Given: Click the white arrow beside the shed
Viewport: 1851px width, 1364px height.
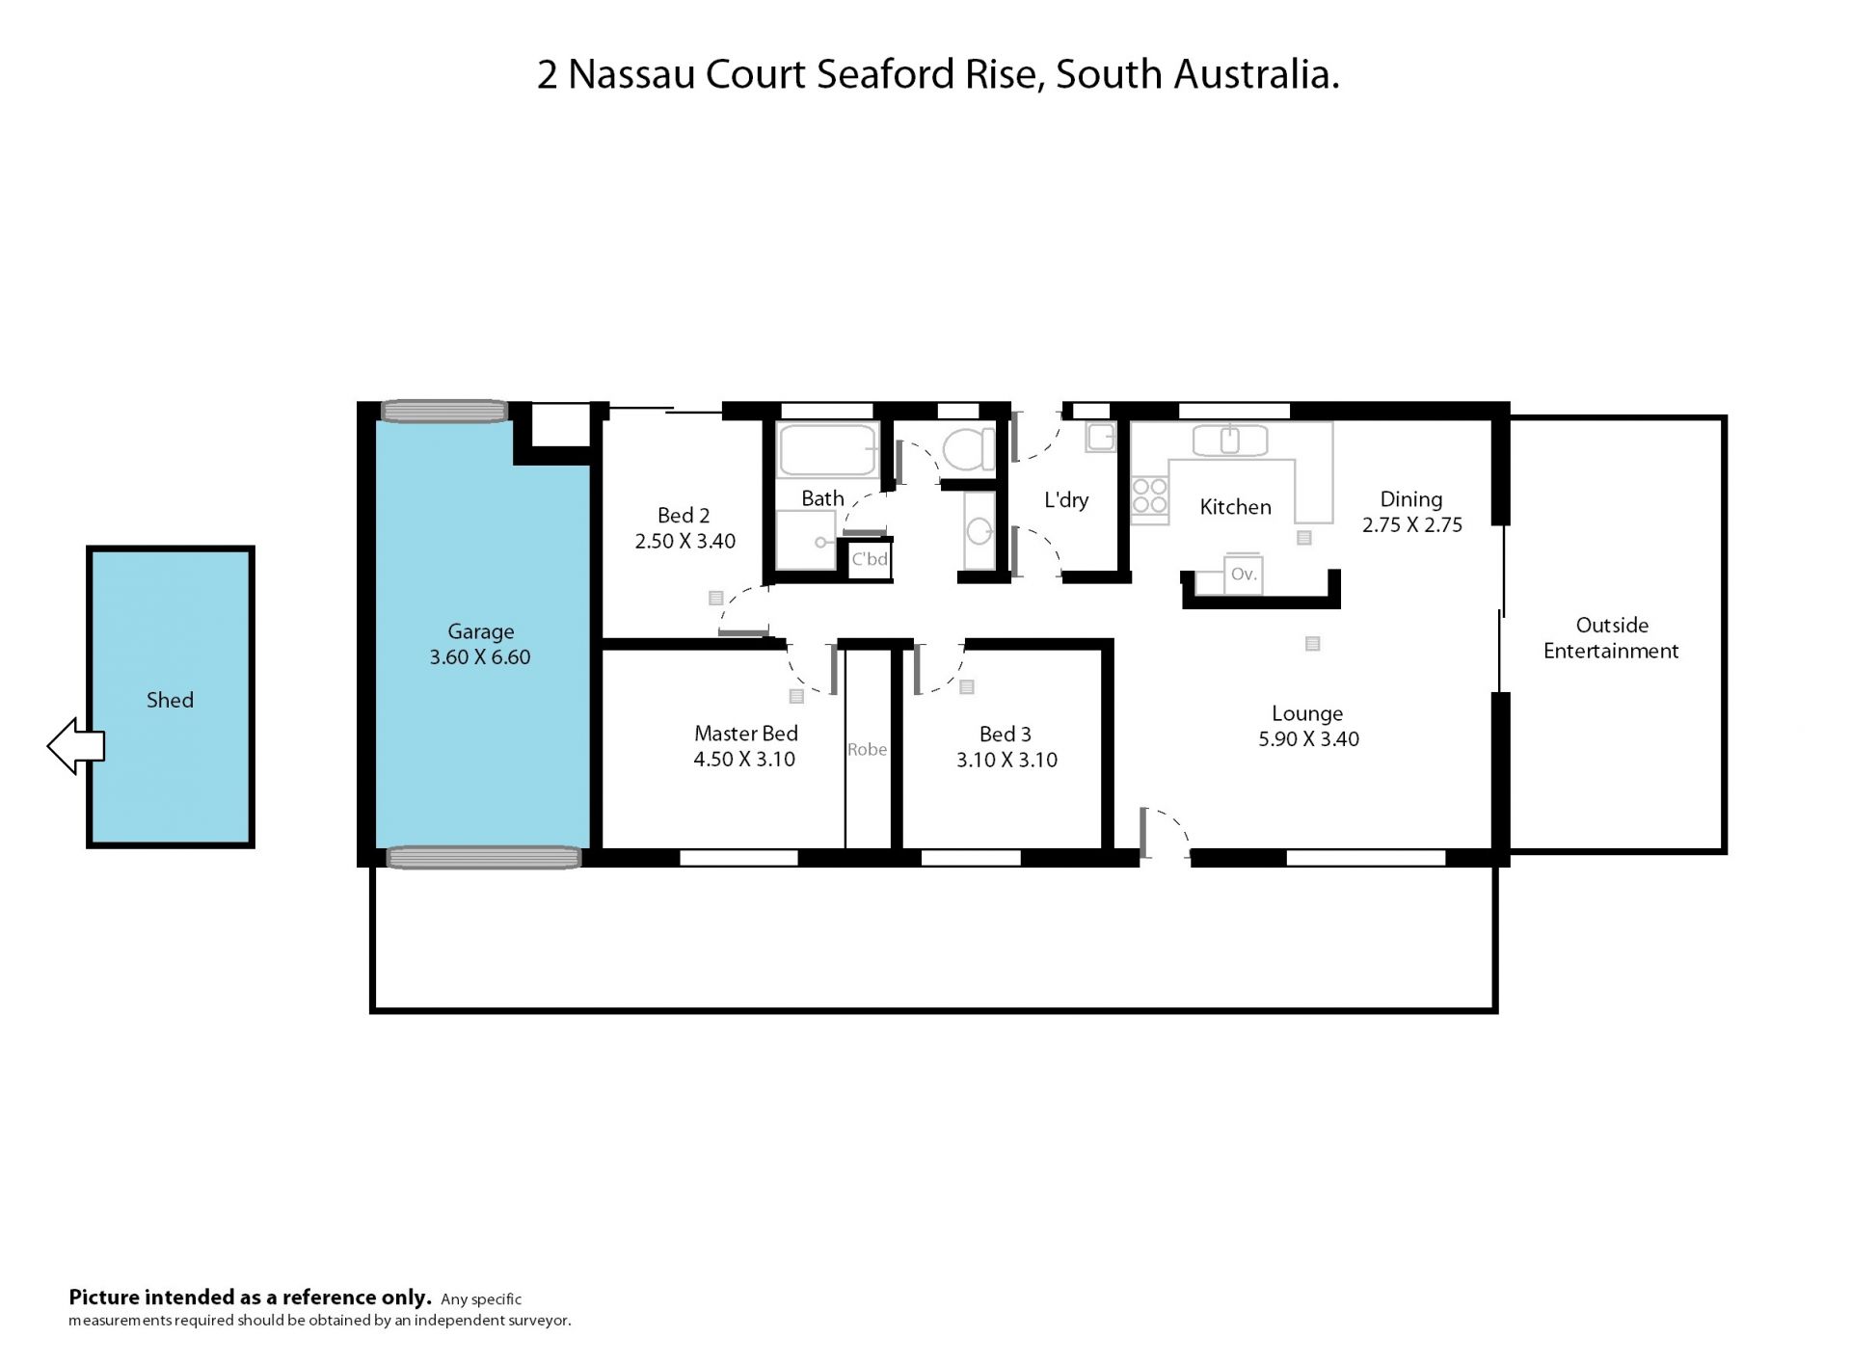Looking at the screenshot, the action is point(75,746).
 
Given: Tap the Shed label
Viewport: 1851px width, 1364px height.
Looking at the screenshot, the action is point(170,701).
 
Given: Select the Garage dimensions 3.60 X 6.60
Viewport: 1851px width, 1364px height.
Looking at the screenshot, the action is point(480,657).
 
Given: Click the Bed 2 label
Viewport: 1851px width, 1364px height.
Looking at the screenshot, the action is point(684,516).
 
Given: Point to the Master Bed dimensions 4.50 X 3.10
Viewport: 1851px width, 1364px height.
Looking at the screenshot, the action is point(744,760).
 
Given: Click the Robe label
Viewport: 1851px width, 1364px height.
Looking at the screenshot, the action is point(867,749).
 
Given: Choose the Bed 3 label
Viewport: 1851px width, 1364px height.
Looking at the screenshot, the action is point(1006,735).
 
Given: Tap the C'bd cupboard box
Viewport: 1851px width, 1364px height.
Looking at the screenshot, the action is point(870,559).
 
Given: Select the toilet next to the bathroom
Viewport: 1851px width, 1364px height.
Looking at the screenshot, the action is point(968,449).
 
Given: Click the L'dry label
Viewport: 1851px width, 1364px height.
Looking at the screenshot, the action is point(1066,500).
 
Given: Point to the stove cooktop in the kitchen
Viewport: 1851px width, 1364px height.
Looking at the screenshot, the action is point(1149,495).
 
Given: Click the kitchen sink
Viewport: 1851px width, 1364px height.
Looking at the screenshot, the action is point(1229,440).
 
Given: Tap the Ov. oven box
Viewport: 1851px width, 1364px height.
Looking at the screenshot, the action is point(1244,575).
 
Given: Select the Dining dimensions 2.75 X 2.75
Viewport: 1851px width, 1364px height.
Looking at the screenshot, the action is point(1412,525).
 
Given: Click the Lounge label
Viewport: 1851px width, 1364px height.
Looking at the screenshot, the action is point(1307,714).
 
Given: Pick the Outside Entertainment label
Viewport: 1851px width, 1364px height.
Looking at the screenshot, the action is point(1611,638).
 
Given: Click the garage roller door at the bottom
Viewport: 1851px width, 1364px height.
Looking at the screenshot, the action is point(484,857).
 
